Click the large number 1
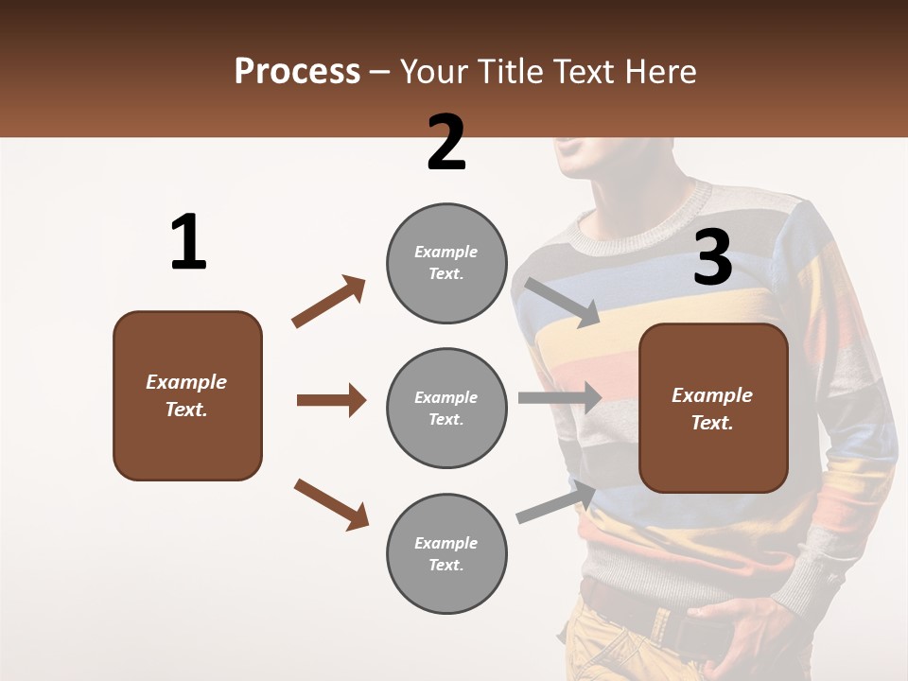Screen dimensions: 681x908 (188, 243)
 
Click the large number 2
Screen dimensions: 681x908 (446, 143)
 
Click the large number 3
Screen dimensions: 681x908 (712, 258)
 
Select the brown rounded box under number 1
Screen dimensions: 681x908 (187, 395)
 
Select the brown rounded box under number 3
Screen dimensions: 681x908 (713, 409)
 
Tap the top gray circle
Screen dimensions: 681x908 (446, 263)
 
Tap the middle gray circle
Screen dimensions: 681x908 (446, 408)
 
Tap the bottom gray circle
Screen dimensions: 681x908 (446, 553)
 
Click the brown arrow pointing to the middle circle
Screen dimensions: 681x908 (331, 400)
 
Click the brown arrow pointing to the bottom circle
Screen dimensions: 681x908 (330, 503)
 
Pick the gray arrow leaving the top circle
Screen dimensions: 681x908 (562, 302)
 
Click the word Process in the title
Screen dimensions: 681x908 (297, 71)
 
